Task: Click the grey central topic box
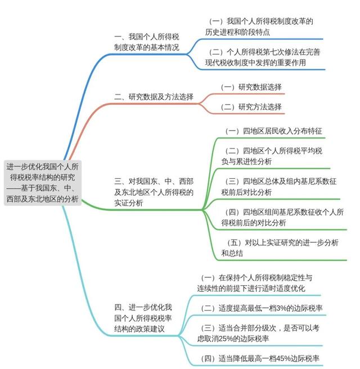(43, 183)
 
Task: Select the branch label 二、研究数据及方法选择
(154, 97)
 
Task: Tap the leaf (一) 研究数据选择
(251, 87)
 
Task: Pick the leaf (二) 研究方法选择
(251, 107)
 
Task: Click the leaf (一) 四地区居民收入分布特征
(273, 131)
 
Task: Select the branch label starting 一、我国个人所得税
(147, 42)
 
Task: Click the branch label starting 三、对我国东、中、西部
(154, 192)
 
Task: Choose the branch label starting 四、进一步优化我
(143, 318)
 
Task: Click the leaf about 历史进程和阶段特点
(259, 26)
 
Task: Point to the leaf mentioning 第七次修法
(263, 57)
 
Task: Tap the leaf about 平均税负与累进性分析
(272, 156)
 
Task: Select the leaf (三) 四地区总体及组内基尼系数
(279, 187)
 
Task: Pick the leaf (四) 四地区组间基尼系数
(282, 218)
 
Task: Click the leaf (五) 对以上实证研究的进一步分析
(280, 248)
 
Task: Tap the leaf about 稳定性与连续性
(255, 283)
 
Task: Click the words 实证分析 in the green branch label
(129, 203)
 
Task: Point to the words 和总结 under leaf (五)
(232, 253)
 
